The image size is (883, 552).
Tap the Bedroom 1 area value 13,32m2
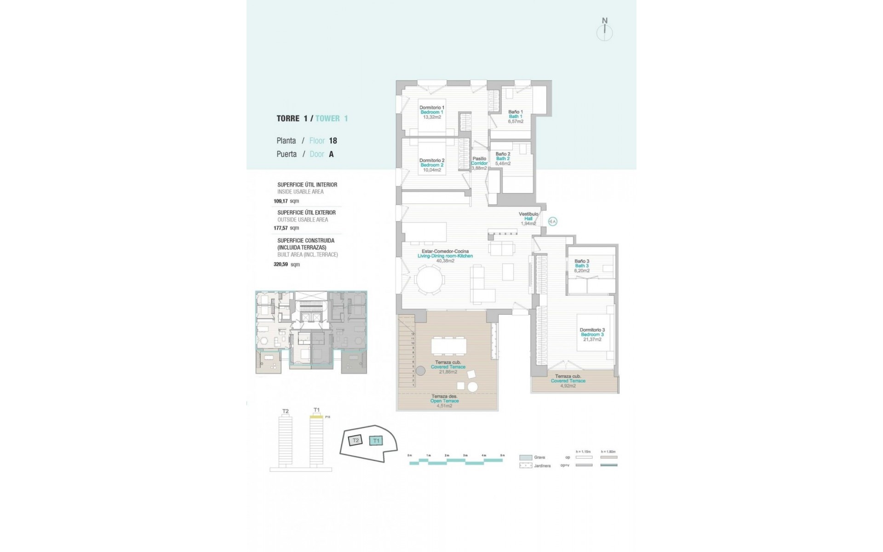(x=432, y=117)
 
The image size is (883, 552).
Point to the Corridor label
(x=479, y=163)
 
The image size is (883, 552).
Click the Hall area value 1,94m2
(x=528, y=224)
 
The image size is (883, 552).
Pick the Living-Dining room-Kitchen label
(x=445, y=256)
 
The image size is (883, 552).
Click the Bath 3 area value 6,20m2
(x=581, y=270)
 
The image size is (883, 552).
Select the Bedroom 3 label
(x=592, y=334)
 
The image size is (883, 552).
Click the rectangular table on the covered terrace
(x=448, y=345)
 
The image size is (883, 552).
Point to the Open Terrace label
(x=444, y=401)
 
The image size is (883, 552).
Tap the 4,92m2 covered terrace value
(x=568, y=385)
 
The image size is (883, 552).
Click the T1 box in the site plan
(x=377, y=441)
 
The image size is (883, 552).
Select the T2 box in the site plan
(x=355, y=441)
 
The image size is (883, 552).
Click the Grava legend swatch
(x=526, y=458)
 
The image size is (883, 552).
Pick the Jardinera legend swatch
(x=526, y=466)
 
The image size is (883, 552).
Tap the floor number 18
(x=333, y=141)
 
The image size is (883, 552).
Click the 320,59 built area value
(x=281, y=264)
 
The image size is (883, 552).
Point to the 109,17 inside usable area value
(x=281, y=201)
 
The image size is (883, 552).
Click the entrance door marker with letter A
(x=553, y=222)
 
